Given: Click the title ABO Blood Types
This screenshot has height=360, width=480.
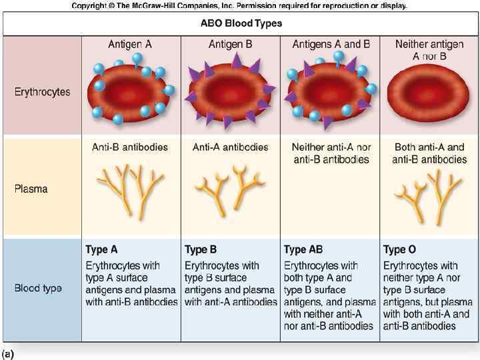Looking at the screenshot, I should [241, 23].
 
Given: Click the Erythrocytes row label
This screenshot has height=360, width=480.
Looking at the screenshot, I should [42, 92].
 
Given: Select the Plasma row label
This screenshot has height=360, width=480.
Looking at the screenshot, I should [31, 189].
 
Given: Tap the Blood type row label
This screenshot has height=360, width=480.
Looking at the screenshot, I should [38, 289].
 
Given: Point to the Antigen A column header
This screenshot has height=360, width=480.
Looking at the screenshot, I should [130, 44].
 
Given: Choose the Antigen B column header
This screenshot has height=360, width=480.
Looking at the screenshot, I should [230, 44].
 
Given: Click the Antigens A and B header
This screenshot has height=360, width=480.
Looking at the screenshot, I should [331, 44].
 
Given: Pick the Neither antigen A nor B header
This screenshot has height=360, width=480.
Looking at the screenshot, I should [429, 50].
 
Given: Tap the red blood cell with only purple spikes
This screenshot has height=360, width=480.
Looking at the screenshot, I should [230, 93].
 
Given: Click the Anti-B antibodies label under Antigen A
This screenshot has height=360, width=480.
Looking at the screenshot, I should [130, 147].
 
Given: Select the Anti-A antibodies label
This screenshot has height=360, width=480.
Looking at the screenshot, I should [230, 147].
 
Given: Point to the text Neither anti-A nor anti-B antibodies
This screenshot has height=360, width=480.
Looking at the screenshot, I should [331, 153].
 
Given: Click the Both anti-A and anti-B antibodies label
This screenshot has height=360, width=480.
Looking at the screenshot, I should [429, 153].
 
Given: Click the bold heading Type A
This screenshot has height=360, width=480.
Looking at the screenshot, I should [101, 250].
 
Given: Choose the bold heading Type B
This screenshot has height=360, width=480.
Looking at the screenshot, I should [201, 250].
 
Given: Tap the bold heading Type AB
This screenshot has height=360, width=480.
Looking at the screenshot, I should [303, 250].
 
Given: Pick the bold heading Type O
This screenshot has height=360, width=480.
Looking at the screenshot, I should [399, 250].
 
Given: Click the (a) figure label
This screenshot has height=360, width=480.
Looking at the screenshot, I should [8, 354].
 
